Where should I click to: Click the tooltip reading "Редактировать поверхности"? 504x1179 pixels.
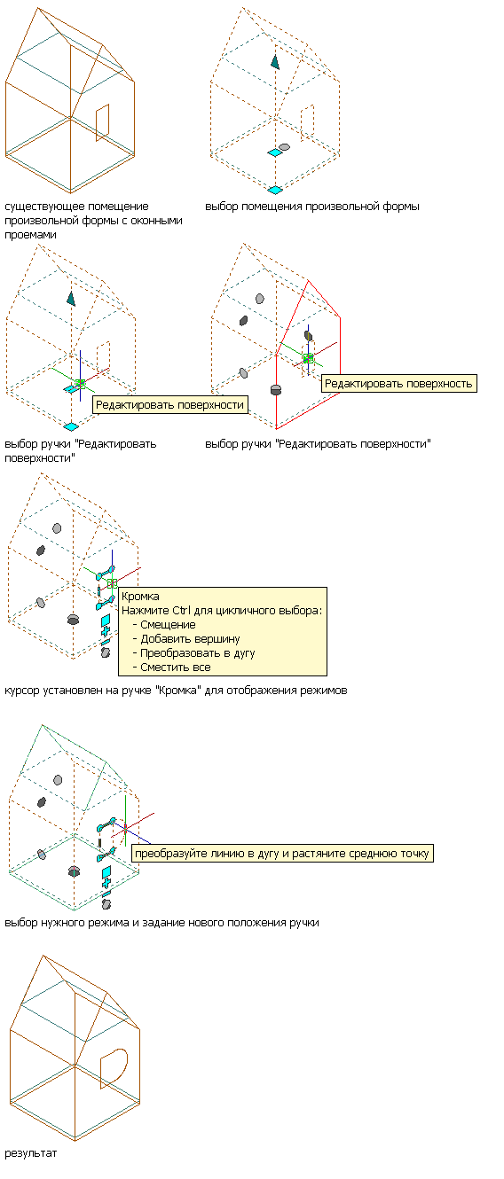click(170, 405)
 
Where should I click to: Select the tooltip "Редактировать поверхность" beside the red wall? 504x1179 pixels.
click(398, 383)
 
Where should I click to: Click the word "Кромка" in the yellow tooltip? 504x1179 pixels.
click(140, 597)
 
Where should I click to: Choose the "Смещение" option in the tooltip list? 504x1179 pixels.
click(168, 625)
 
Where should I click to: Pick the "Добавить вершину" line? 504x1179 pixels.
click(190, 639)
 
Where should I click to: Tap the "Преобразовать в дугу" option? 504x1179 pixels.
click(198, 653)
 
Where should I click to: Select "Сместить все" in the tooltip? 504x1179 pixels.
click(176, 668)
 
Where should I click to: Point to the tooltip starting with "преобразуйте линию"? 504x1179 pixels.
click(282, 853)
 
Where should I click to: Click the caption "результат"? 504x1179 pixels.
click(30, 1153)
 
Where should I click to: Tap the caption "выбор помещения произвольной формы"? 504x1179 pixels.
click(312, 207)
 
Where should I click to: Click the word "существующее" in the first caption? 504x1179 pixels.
click(39, 207)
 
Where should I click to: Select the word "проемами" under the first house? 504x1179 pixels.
click(30, 235)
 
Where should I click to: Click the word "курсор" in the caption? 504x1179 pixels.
click(20, 690)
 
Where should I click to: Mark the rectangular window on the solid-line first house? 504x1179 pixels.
click(103, 122)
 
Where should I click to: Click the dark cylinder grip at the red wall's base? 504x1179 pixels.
click(276, 390)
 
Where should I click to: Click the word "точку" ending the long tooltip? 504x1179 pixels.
click(414, 853)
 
